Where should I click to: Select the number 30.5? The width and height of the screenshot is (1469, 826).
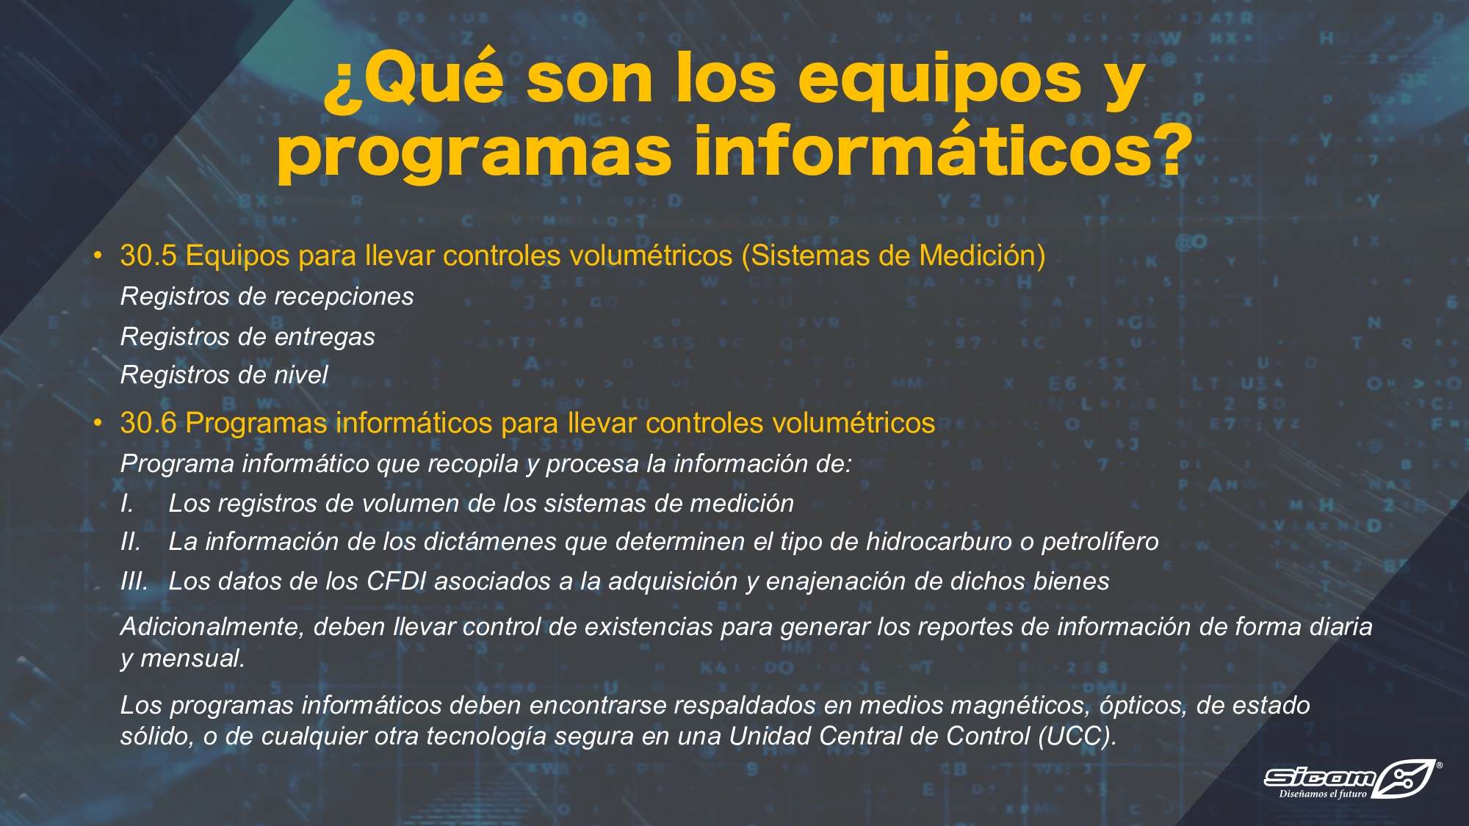click(148, 256)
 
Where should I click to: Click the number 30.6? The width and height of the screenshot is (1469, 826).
click(148, 423)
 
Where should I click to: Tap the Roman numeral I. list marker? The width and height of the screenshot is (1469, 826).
click(127, 503)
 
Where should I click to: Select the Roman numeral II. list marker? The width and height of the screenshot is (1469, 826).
click(131, 542)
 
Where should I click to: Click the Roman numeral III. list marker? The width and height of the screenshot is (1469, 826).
click(134, 581)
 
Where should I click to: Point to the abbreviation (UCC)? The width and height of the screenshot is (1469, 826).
click(1078, 736)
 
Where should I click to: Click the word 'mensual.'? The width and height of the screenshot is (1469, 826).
click(192, 658)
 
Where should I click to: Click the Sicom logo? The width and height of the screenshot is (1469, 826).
click(1349, 778)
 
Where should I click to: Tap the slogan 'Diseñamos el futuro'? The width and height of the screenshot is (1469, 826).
click(1322, 794)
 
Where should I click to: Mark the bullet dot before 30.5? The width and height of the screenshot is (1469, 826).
click(98, 256)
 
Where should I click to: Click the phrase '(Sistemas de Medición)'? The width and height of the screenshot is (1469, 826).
click(893, 256)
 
